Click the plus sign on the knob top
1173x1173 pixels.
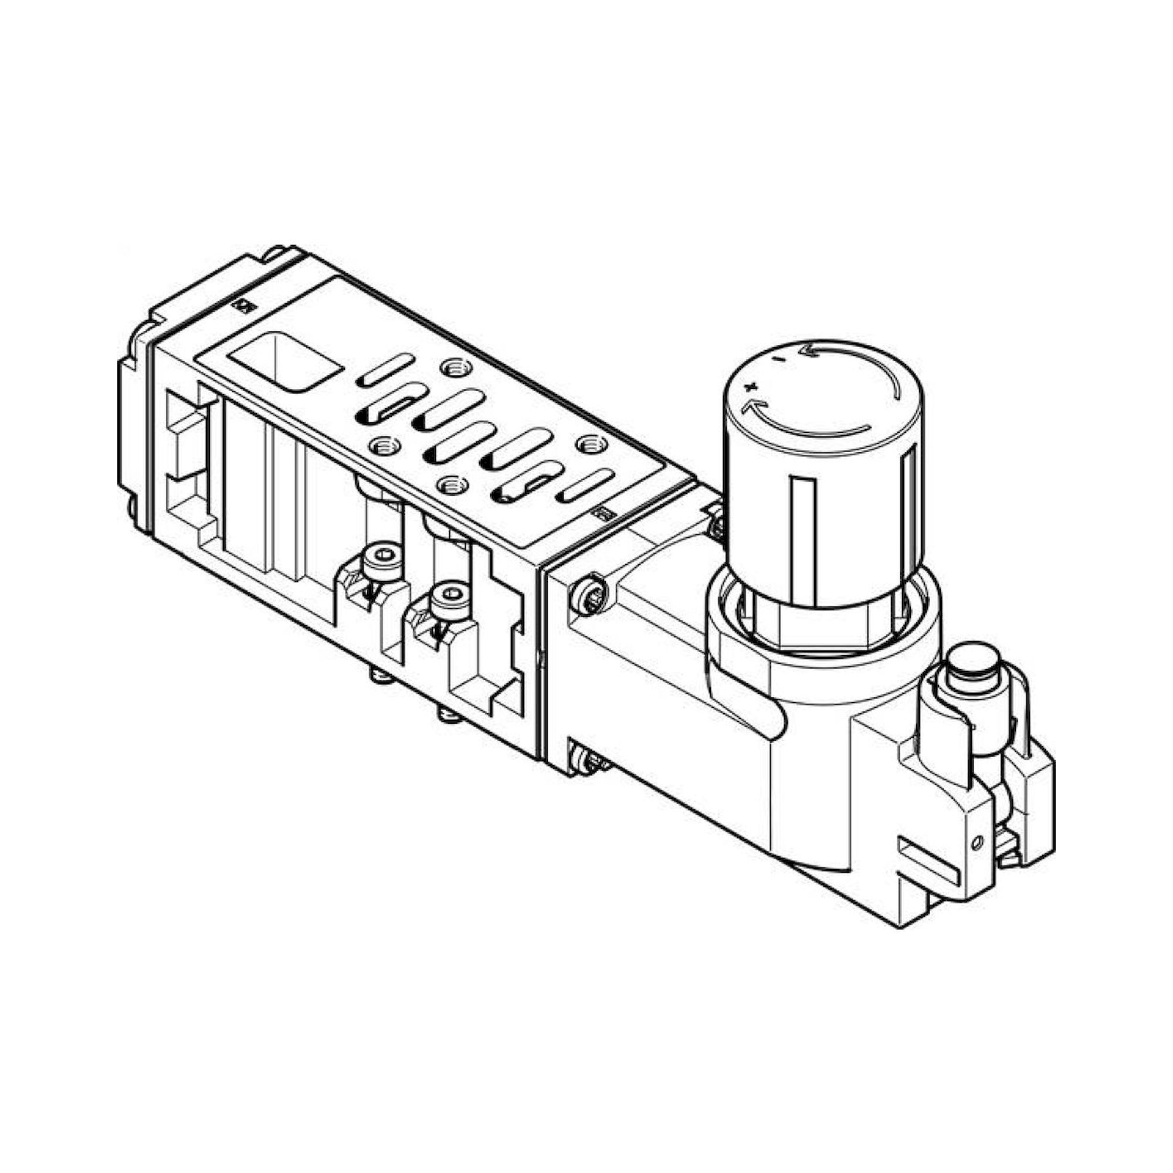[752, 386]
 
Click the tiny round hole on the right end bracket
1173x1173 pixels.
[977, 842]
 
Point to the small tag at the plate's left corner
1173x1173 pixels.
[241, 306]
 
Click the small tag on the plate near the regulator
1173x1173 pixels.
[603, 514]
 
